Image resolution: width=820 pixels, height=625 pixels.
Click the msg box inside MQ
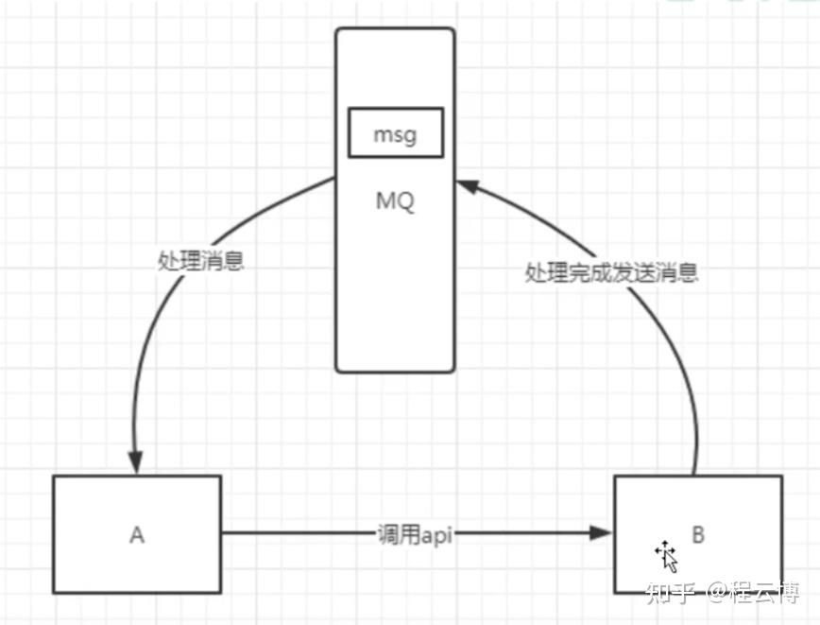tap(395, 133)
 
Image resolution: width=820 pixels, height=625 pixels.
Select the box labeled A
tap(137, 534)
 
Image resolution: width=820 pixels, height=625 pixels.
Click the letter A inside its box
tap(137, 535)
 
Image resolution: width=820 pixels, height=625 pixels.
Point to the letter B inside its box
tap(698, 535)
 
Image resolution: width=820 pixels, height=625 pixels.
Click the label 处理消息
tap(200, 262)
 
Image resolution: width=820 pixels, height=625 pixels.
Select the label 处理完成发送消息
tap(611, 274)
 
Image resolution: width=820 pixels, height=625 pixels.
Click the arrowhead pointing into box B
tap(602, 534)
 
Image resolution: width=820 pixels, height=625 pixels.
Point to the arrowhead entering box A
tap(138, 463)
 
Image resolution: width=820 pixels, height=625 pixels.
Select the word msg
tap(395, 134)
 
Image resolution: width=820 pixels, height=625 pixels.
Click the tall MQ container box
tap(395, 284)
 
